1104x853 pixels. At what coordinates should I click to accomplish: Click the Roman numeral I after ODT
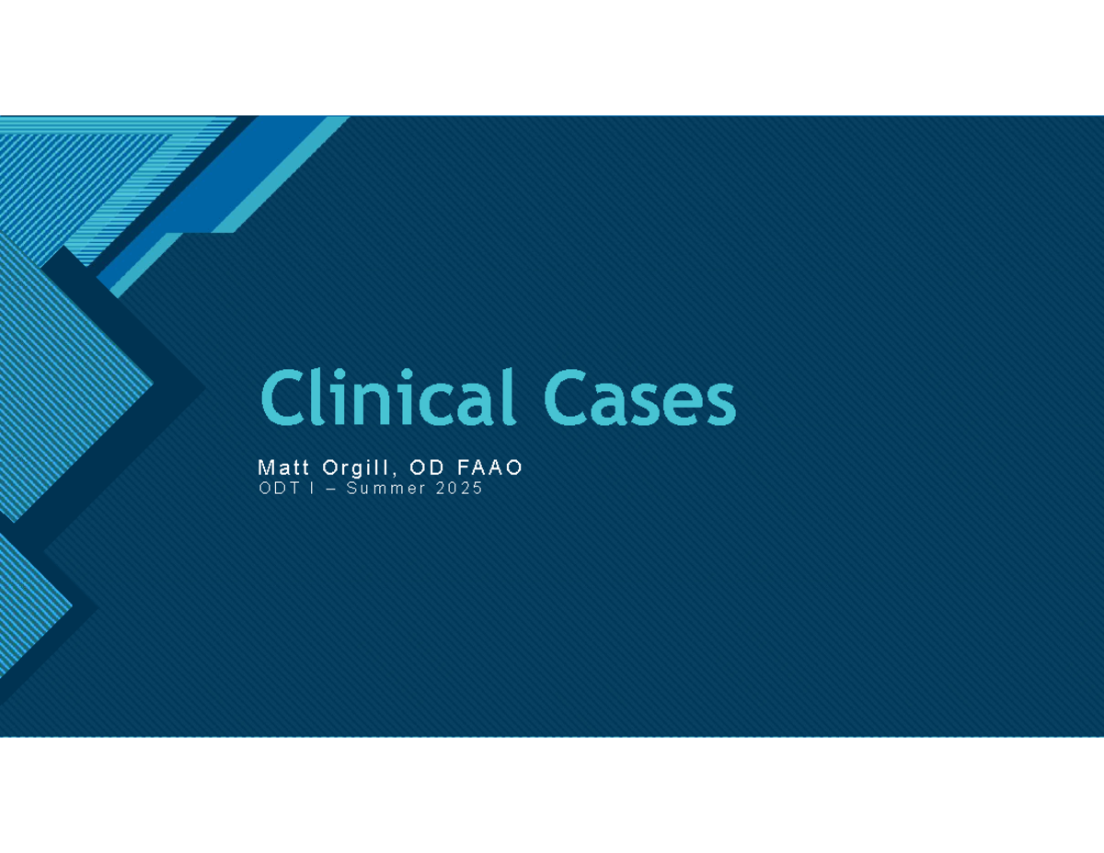(x=310, y=489)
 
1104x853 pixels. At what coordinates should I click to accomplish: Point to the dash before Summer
(x=327, y=490)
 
